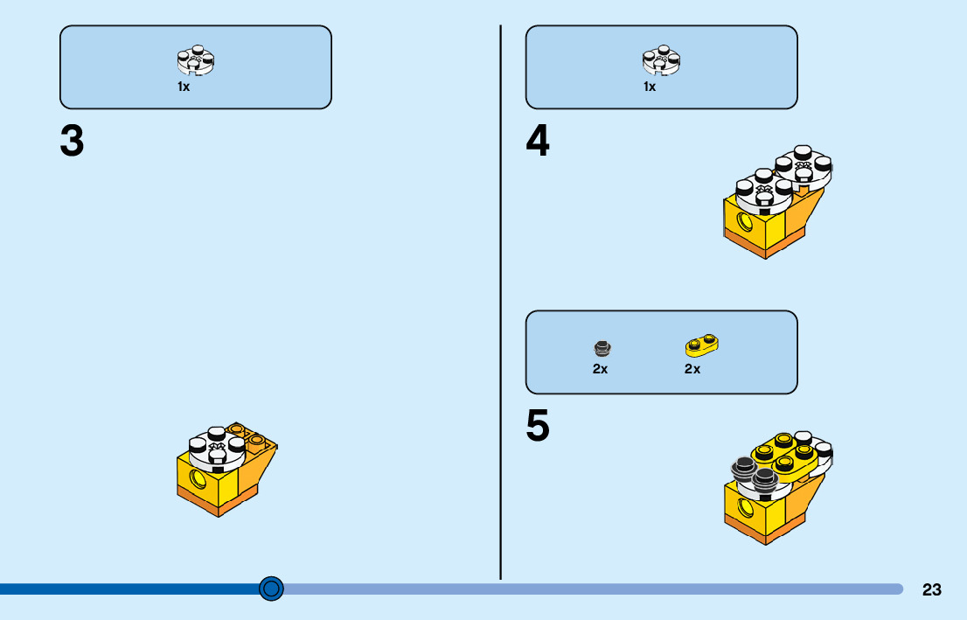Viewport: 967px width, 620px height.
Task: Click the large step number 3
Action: (x=72, y=142)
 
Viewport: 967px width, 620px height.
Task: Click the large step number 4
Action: (x=538, y=142)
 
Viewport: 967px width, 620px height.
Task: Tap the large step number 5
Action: (x=538, y=427)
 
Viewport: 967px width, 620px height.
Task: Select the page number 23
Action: (x=931, y=589)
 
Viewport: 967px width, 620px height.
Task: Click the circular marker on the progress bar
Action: (x=272, y=589)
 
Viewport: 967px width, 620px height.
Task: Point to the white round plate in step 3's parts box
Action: (x=195, y=61)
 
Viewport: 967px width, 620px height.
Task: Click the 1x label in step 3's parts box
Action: (x=184, y=87)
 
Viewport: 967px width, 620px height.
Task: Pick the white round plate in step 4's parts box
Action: (x=661, y=61)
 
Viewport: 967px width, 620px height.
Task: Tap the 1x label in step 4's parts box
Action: (x=650, y=87)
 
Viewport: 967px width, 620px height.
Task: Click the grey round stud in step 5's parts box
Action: (x=601, y=349)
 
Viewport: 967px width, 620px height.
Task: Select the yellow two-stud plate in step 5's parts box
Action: (x=701, y=346)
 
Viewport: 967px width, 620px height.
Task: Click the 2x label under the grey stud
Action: (x=600, y=369)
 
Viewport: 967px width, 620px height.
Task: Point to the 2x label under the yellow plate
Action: (x=692, y=369)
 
